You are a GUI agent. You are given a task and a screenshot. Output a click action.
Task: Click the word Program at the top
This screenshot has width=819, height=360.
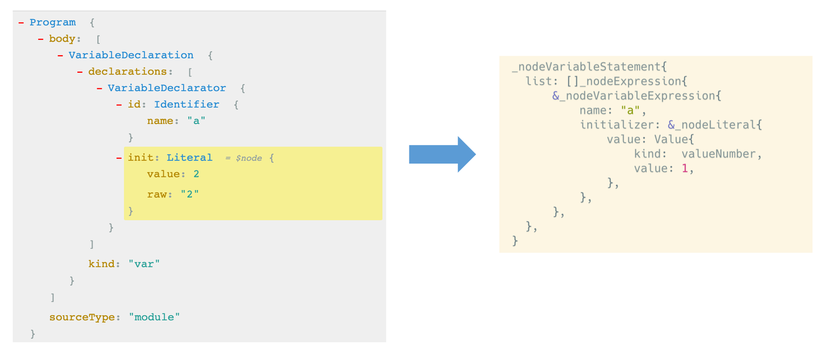[53, 22]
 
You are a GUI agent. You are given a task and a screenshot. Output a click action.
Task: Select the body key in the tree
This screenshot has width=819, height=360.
[62, 39]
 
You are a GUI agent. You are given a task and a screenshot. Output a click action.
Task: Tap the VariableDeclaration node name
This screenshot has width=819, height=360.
[131, 55]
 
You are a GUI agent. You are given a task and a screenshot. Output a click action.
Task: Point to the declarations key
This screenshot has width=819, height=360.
[127, 72]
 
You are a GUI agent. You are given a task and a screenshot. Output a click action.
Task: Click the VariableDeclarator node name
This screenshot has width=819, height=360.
[167, 88]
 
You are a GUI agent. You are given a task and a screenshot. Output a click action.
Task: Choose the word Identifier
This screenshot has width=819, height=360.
[187, 105]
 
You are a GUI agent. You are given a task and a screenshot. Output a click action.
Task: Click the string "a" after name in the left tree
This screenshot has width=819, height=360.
[196, 121]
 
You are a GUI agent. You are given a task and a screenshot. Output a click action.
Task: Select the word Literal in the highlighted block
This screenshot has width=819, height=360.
[189, 158]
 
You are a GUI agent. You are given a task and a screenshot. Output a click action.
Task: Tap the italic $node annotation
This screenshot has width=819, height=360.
[249, 158]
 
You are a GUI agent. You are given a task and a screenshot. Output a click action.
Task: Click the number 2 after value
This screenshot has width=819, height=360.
[196, 174]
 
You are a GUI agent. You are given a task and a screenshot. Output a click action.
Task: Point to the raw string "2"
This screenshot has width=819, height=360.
[190, 194]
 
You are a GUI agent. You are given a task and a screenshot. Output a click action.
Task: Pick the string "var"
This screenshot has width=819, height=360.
[144, 264]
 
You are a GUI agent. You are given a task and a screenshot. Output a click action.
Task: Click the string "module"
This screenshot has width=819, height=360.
[154, 317]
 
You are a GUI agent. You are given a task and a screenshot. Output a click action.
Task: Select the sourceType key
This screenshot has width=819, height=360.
[82, 317]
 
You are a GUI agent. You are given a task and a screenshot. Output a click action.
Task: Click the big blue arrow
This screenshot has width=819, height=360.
[442, 154]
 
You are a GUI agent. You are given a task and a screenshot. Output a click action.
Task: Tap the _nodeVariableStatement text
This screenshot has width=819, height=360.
[586, 67]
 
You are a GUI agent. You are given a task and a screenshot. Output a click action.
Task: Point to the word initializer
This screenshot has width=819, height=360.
[617, 125]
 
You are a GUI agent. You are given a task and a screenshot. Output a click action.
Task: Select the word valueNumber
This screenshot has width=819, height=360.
[718, 154]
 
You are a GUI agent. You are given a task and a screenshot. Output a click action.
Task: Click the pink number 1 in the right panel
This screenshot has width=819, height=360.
[685, 168]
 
